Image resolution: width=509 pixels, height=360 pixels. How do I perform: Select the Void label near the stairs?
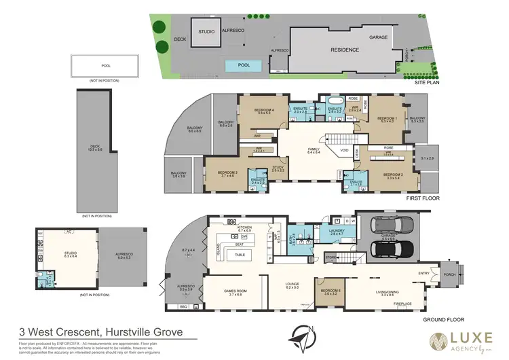344,150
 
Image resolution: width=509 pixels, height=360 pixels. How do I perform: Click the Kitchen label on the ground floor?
244,228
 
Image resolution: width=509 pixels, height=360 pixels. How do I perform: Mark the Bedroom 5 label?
329,291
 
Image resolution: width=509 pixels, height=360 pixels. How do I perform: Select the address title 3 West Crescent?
100,333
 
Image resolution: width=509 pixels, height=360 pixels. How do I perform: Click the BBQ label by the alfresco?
183,307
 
